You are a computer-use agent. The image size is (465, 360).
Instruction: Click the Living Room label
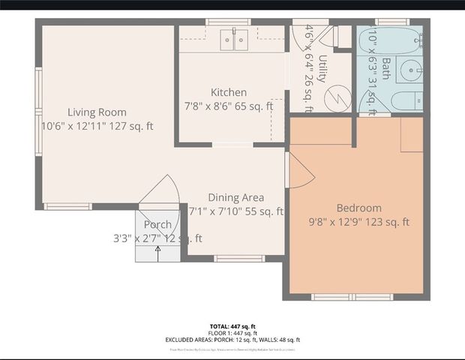tap(97, 112)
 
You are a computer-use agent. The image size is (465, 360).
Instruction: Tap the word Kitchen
tap(228, 92)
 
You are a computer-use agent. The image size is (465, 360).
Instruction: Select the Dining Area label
tap(235, 198)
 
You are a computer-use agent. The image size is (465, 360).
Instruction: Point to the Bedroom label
tap(358, 208)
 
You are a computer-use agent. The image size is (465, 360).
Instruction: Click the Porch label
tap(157, 225)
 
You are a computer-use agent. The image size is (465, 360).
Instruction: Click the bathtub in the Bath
tap(388, 42)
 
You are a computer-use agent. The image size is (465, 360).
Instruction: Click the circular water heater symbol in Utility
tap(337, 97)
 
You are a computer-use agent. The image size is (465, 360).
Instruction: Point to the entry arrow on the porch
tap(158, 251)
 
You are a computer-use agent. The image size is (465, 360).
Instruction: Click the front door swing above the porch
tap(161, 191)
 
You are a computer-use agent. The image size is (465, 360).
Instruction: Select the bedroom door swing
tap(298, 172)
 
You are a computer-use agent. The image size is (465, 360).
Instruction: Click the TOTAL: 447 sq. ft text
tap(232, 327)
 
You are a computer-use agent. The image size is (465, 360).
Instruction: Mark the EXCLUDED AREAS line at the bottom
tap(232, 340)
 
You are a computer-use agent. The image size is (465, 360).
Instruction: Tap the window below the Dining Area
tap(238, 259)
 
